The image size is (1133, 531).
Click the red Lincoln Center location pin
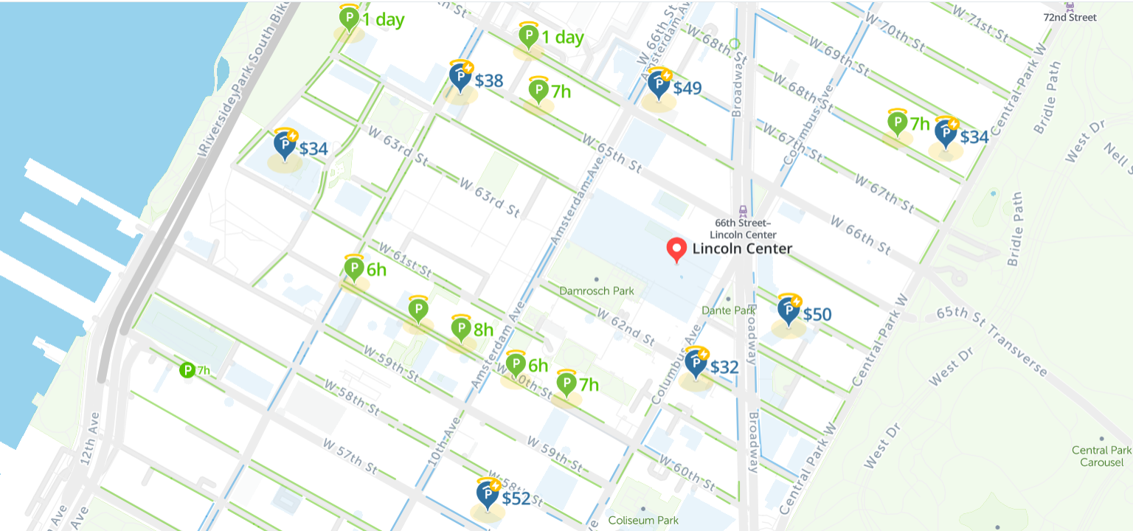click(x=676, y=250)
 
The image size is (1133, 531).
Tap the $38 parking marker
click(x=462, y=76)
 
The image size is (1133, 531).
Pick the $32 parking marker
click(x=696, y=363)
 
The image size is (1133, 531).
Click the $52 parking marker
click(x=488, y=494)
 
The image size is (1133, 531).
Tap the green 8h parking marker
click(x=461, y=328)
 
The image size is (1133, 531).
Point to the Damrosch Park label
click(x=596, y=291)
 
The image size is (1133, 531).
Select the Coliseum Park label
click(x=643, y=521)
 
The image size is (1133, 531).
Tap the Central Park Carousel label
click(x=1101, y=456)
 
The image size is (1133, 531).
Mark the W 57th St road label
click(x=350, y=457)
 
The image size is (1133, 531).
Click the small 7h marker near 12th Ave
click(x=187, y=369)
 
